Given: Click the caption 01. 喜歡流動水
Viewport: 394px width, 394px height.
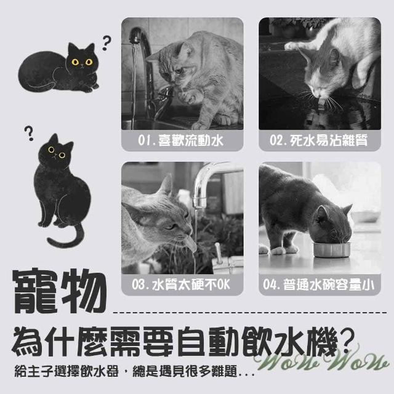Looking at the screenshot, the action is click(180, 140).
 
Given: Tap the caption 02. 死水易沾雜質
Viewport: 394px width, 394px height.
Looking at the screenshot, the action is click(319, 140).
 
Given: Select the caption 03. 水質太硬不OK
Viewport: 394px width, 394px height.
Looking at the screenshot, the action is click(181, 284).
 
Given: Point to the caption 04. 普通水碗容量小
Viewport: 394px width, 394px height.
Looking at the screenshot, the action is click(319, 284).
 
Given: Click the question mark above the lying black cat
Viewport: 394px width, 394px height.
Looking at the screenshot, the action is click(107, 42).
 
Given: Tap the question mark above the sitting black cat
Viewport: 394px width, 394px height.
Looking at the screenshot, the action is click(29, 133).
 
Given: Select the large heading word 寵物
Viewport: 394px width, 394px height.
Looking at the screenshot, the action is click(60, 291).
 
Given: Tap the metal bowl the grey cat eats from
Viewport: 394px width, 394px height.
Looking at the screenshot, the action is click(331, 249).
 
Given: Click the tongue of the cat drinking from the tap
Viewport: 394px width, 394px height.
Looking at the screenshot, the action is click(192, 245).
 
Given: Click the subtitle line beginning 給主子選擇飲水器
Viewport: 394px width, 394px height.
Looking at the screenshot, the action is click(134, 371).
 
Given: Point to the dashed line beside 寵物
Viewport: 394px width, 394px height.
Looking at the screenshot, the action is click(250, 313).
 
